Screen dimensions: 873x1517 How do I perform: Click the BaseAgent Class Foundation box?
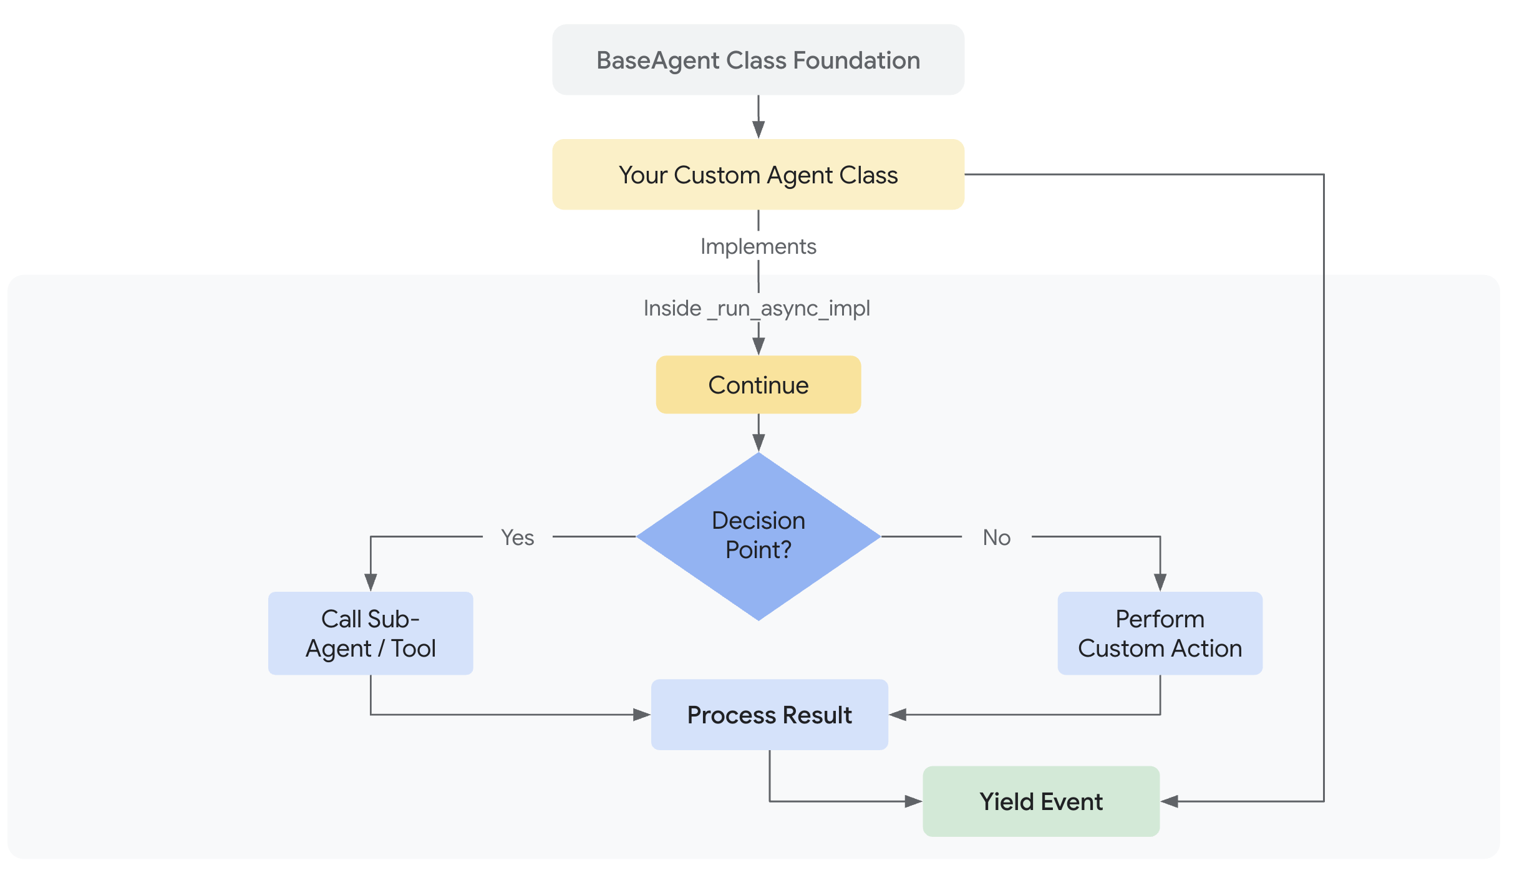point(758,60)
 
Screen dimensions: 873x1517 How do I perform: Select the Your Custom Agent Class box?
point(758,175)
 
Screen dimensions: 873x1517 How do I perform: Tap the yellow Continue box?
point(758,385)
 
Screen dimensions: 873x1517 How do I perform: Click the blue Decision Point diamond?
point(758,536)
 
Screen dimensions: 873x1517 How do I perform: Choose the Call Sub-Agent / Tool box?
point(371,633)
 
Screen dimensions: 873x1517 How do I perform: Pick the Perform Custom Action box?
point(1160,633)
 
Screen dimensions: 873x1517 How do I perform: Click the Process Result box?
point(769,715)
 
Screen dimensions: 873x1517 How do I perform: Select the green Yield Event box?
point(1040,801)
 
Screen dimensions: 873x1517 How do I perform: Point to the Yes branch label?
point(517,537)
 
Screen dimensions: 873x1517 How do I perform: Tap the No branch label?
point(996,537)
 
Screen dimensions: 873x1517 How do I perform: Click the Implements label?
point(758,246)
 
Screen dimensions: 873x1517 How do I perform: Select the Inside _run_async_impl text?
point(757,308)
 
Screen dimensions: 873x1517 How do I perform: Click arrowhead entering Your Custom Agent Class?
point(758,130)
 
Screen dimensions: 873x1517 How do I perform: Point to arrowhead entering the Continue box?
point(758,347)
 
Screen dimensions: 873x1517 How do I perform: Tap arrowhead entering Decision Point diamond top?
point(758,443)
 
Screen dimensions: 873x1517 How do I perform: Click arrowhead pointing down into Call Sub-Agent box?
point(371,582)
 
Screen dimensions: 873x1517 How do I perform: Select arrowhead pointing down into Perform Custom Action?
point(1160,582)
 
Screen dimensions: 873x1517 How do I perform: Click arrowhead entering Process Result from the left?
point(642,715)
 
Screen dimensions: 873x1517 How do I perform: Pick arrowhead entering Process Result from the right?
point(898,715)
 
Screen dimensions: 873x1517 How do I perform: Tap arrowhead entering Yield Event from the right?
point(1170,801)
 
